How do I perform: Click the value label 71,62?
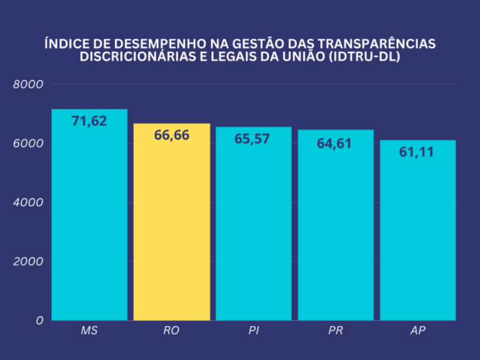coord(89,121)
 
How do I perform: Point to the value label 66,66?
coord(172,135)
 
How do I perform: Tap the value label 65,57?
coord(252,139)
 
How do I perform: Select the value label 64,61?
coord(334,144)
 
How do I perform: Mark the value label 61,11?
coord(416,152)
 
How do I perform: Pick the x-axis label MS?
coord(89,331)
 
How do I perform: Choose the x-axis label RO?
coord(172,331)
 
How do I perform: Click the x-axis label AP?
coord(418,331)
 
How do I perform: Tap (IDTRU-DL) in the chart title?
coord(365,57)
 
